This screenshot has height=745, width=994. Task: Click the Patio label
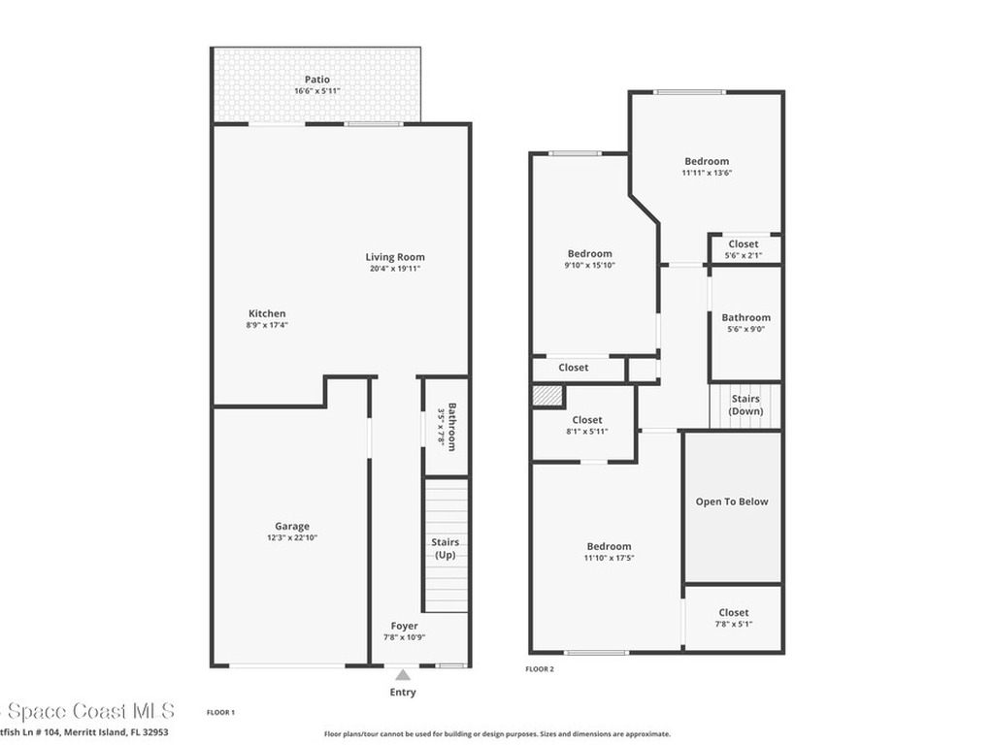point(317,80)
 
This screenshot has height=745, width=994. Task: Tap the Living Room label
point(395,257)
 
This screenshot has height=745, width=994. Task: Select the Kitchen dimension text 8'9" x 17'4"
point(267,325)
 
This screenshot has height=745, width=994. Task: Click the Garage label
point(292,527)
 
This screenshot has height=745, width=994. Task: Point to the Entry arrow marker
point(403,674)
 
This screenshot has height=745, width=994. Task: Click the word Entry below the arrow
point(403,693)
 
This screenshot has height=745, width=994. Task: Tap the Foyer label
point(405,626)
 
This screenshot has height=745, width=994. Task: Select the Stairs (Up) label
point(446,548)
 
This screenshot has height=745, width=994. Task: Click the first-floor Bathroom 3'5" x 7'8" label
point(446,425)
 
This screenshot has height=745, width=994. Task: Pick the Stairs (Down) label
point(745,405)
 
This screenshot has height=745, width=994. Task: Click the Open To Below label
point(732,502)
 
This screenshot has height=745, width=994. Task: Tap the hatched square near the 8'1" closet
point(547,397)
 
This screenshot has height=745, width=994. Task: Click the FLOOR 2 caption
point(540,669)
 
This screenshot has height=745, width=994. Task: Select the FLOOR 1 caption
point(220,713)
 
